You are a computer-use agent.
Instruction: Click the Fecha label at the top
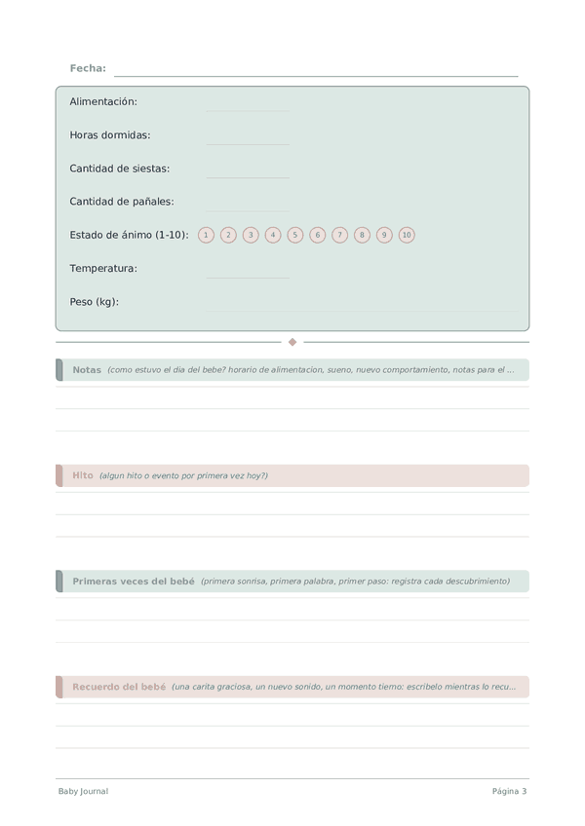point(88,68)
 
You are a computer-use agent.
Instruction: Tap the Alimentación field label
point(103,101)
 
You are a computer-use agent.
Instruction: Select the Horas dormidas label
point(110,135)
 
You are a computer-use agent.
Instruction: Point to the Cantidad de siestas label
point(120,169)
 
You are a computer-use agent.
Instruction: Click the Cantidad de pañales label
point(122,202)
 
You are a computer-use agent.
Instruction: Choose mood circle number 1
point(206,235)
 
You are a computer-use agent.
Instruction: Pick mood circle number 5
point(295,235)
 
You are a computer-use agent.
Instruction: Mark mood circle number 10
point(407,235)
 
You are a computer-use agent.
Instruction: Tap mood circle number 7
point(339,235)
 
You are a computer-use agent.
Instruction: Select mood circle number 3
point(251,235)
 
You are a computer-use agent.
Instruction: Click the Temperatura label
point(103,268)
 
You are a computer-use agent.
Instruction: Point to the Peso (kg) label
point(95,302)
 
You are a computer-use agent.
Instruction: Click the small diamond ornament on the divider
point(292,342)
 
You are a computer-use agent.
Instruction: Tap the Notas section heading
point(87,370)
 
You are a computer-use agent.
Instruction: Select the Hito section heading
point(83,475)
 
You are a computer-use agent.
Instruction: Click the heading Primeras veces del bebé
point(134,582)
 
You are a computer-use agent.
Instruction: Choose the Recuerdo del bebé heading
point(119,687)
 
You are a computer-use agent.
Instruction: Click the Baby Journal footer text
point(83,792)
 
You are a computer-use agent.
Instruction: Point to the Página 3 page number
point(509,792)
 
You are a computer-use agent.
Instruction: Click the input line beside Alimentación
point(248,109)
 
